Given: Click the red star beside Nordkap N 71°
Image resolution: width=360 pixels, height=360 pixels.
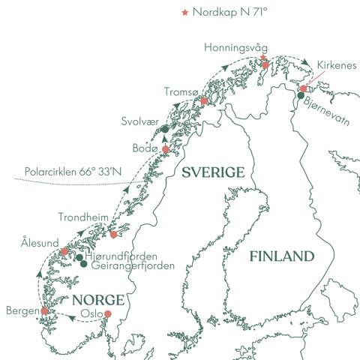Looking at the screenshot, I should point(185,13).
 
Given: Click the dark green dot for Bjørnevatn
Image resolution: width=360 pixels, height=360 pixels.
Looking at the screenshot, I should point(300,94).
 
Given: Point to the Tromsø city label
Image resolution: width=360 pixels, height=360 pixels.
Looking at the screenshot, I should point(182,91).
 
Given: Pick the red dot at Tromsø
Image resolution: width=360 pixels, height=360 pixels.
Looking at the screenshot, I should point(204,101).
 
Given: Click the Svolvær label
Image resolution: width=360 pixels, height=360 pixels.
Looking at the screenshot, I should point(140,120).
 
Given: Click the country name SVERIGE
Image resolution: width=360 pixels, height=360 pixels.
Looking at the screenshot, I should point(214,173).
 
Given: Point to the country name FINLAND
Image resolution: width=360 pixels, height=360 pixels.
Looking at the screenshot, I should point(281,256).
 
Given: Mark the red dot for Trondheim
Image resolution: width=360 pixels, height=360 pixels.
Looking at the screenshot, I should point(113,235).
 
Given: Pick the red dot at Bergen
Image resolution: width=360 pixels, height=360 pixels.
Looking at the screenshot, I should point(44,310).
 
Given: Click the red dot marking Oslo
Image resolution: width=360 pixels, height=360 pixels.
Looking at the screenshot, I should point(107,314).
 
